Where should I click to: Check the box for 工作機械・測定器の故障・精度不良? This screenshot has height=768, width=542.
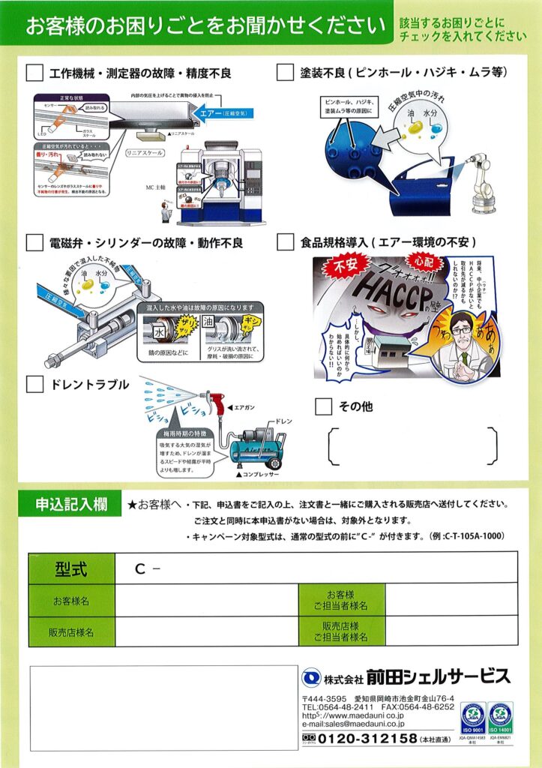[34, 73]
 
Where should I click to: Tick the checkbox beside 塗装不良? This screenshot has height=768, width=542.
[285, 73]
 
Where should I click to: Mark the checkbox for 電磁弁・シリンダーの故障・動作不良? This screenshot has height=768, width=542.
[34, 243]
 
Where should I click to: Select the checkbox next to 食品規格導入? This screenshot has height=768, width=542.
[285, 243]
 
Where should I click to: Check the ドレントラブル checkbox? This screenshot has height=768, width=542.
[34, 385]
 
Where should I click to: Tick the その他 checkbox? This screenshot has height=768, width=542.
[323, 406]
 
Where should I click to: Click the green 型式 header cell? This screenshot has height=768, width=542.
[72, 568]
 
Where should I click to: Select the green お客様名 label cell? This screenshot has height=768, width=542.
[72, 601]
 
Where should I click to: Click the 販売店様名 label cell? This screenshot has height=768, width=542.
[72, 632]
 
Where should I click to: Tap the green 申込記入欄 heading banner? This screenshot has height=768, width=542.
[72, 504]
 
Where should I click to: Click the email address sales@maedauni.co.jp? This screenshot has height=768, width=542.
[353, 724]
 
